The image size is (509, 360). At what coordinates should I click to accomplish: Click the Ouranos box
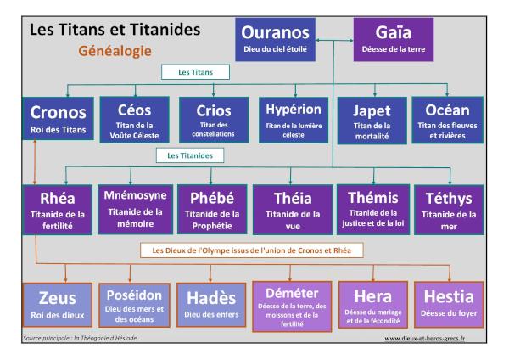point(276,40)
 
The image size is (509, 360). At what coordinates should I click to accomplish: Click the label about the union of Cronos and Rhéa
point(253,250)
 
